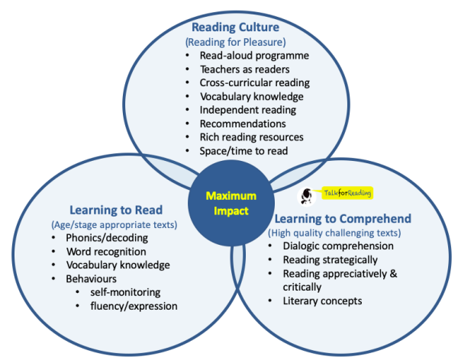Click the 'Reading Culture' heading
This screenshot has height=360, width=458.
(228, 28)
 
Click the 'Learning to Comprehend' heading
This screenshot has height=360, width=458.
(342, 219)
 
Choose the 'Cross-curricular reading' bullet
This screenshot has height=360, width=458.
(252, 83)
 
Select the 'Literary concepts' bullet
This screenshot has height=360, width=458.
(321, 301)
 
